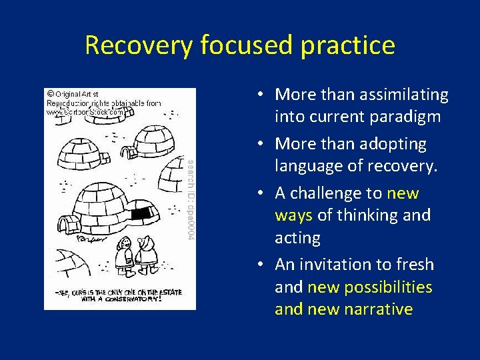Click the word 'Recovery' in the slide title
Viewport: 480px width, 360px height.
click(x=136, y=45)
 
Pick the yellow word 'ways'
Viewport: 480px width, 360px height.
click(x=293, y=215)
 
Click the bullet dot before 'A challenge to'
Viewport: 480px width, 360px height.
click(x=265, y=194)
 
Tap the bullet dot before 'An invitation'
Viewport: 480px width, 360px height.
click(x=265, y=265)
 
